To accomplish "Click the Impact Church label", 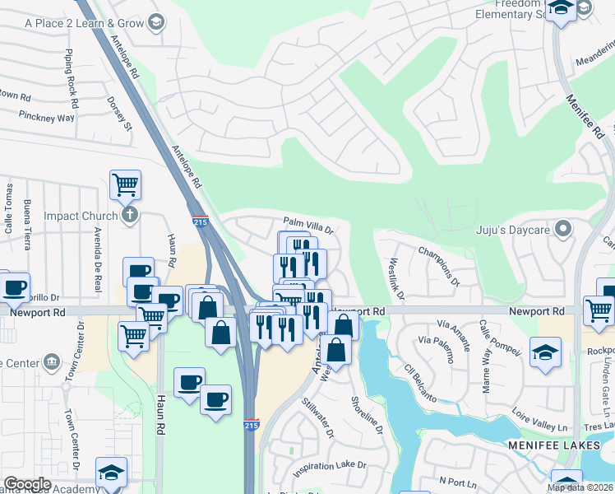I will click(81, 217).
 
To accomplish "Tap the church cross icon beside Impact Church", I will click(129, 216).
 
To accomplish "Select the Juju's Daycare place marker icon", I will click(563, 227).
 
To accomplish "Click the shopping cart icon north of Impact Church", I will click(125, 184).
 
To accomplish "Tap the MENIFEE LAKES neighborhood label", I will click(559, 445).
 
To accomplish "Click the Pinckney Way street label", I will click(46, 118).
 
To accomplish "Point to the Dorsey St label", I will click(119, 114).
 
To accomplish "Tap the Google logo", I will click(27, 484).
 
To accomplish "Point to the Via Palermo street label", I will click(437, 340).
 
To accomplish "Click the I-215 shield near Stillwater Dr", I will click(252, 426).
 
